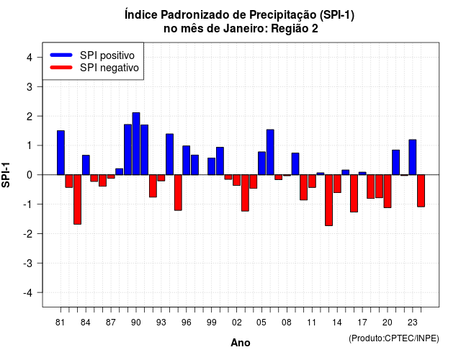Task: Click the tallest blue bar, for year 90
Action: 136,144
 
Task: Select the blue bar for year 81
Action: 61,153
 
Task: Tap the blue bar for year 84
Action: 86,165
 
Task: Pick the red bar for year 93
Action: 161,178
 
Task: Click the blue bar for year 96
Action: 187,160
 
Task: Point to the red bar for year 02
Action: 237,180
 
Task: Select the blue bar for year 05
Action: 261,163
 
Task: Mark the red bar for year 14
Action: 337,184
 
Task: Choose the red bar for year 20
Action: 388,191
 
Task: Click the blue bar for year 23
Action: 413,157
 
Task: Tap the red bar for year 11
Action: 312,181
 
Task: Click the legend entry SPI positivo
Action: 107,55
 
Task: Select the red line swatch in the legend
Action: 61,67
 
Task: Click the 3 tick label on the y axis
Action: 30,86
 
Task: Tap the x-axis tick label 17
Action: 362,323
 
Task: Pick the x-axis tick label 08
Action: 287,323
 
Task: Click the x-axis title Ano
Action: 240,343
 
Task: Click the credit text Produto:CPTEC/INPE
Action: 394,338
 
